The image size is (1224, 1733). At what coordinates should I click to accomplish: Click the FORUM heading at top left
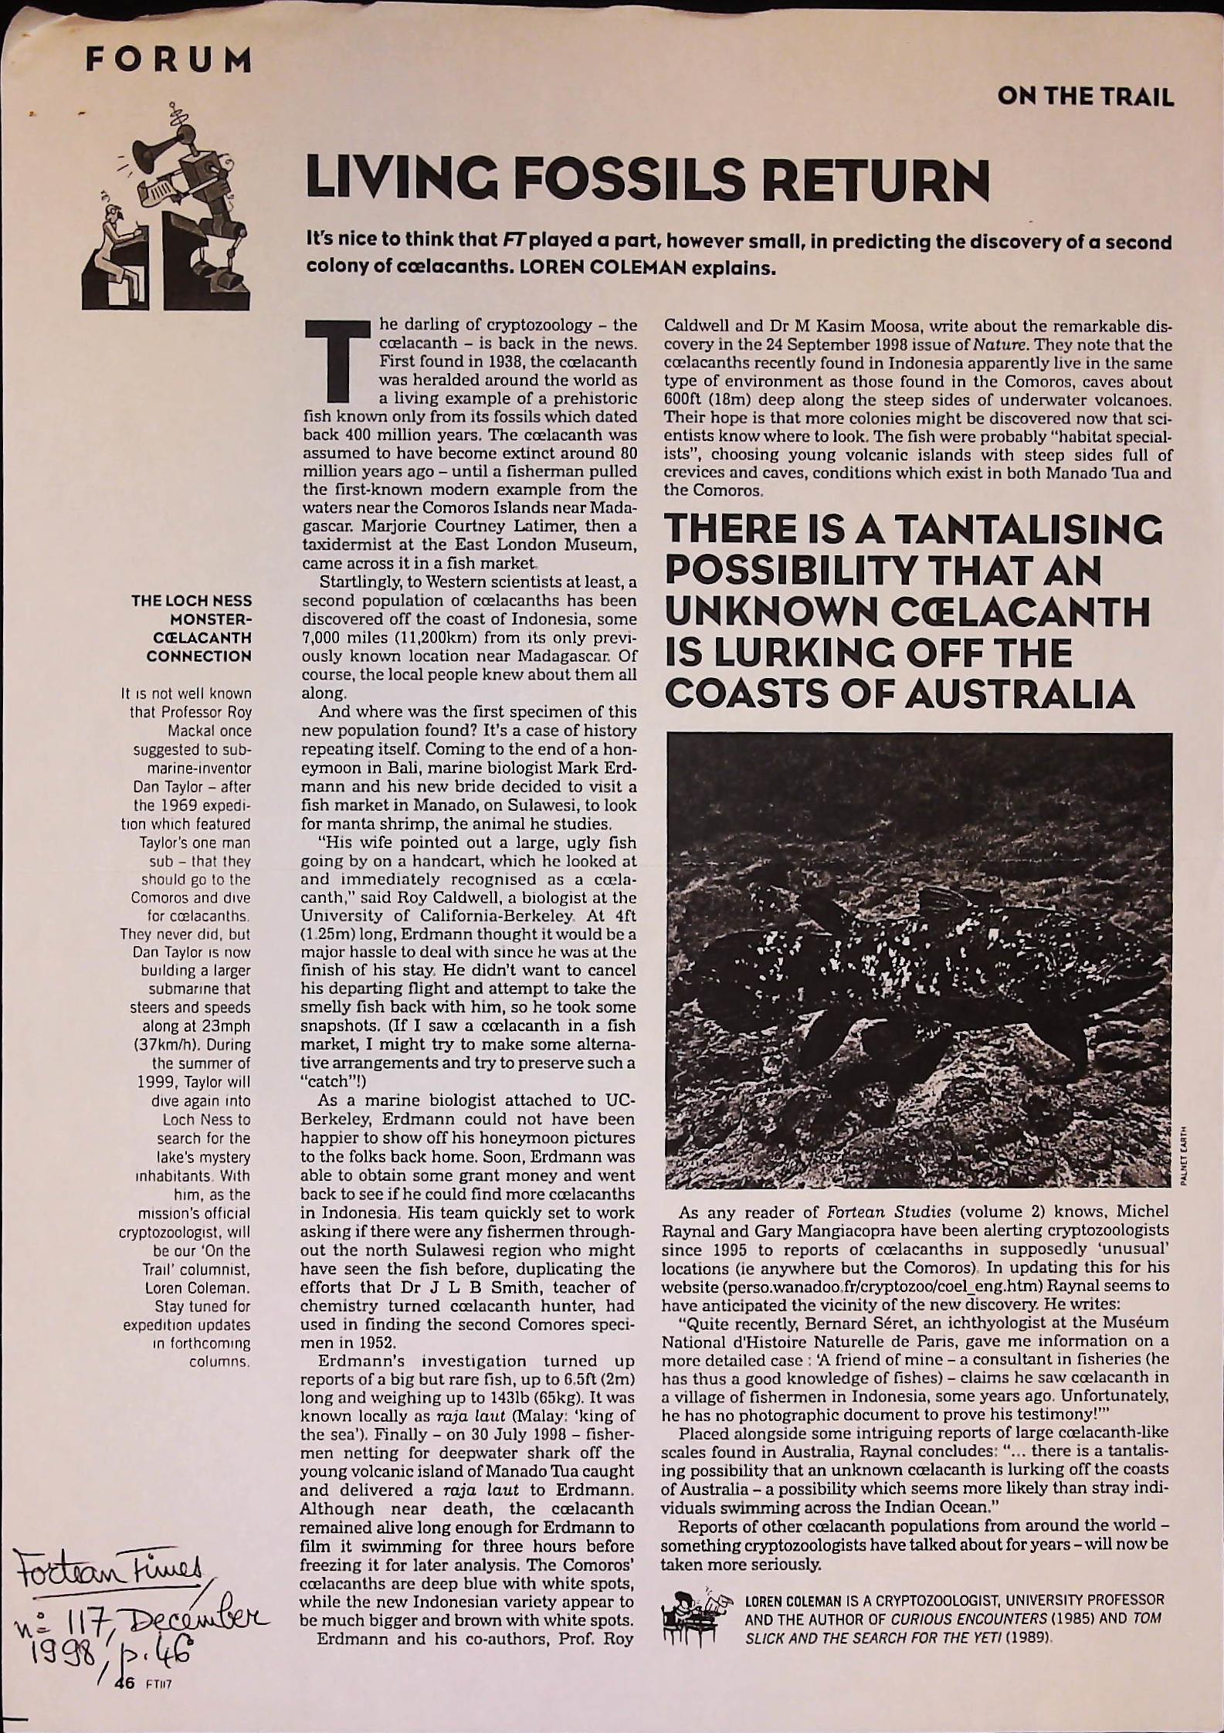pos(168,60)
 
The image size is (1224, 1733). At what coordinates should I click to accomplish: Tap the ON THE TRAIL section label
pos(1085,98)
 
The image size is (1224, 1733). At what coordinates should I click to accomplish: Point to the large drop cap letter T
pos(334,362)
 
